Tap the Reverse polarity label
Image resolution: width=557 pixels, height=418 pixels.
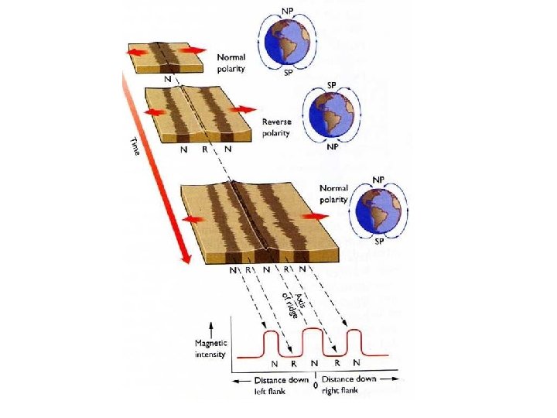point(276,128)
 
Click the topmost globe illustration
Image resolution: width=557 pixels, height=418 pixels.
point(286,43)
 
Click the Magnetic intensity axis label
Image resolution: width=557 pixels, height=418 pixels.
point(210,349)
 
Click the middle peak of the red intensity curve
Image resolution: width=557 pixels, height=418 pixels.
point(312,331)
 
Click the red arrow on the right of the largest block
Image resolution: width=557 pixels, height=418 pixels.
point(315,216)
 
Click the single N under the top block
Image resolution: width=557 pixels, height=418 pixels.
point(168,78)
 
